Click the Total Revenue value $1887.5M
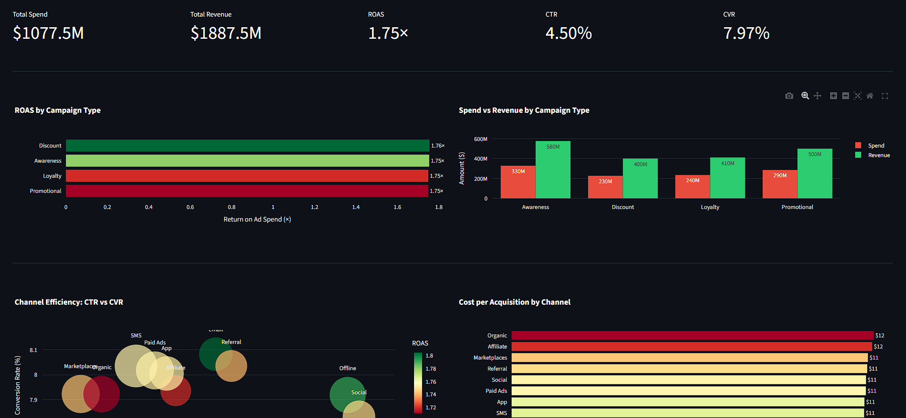[x=226, y=33]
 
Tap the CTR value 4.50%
[x=568, y=33]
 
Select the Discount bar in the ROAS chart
[x=247, y=146]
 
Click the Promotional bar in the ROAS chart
[x=246, y=191]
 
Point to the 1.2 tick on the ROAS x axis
[x=314, y=207]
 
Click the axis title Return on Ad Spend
[x=257, y=219]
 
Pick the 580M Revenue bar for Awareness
[x=553, y=170]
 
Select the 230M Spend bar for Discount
[x=605, y=187]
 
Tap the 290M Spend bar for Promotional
[x=780, y=184]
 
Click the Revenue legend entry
[x=878, y=155]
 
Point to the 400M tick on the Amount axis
[x=480, y=159]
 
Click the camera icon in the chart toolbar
[x=789, y=96]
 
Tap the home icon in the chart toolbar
[x=870, y=96]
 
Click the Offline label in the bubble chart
[x=348, y=368]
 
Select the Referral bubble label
[x=231, y=342]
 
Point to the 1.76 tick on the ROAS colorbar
[x=431, y=382]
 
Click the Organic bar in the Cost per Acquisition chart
[x=692, y=335]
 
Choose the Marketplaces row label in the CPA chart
[x=490, y=358]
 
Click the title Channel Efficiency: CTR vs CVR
[x=69, y=302]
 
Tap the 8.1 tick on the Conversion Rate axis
[x=33, y=350]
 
